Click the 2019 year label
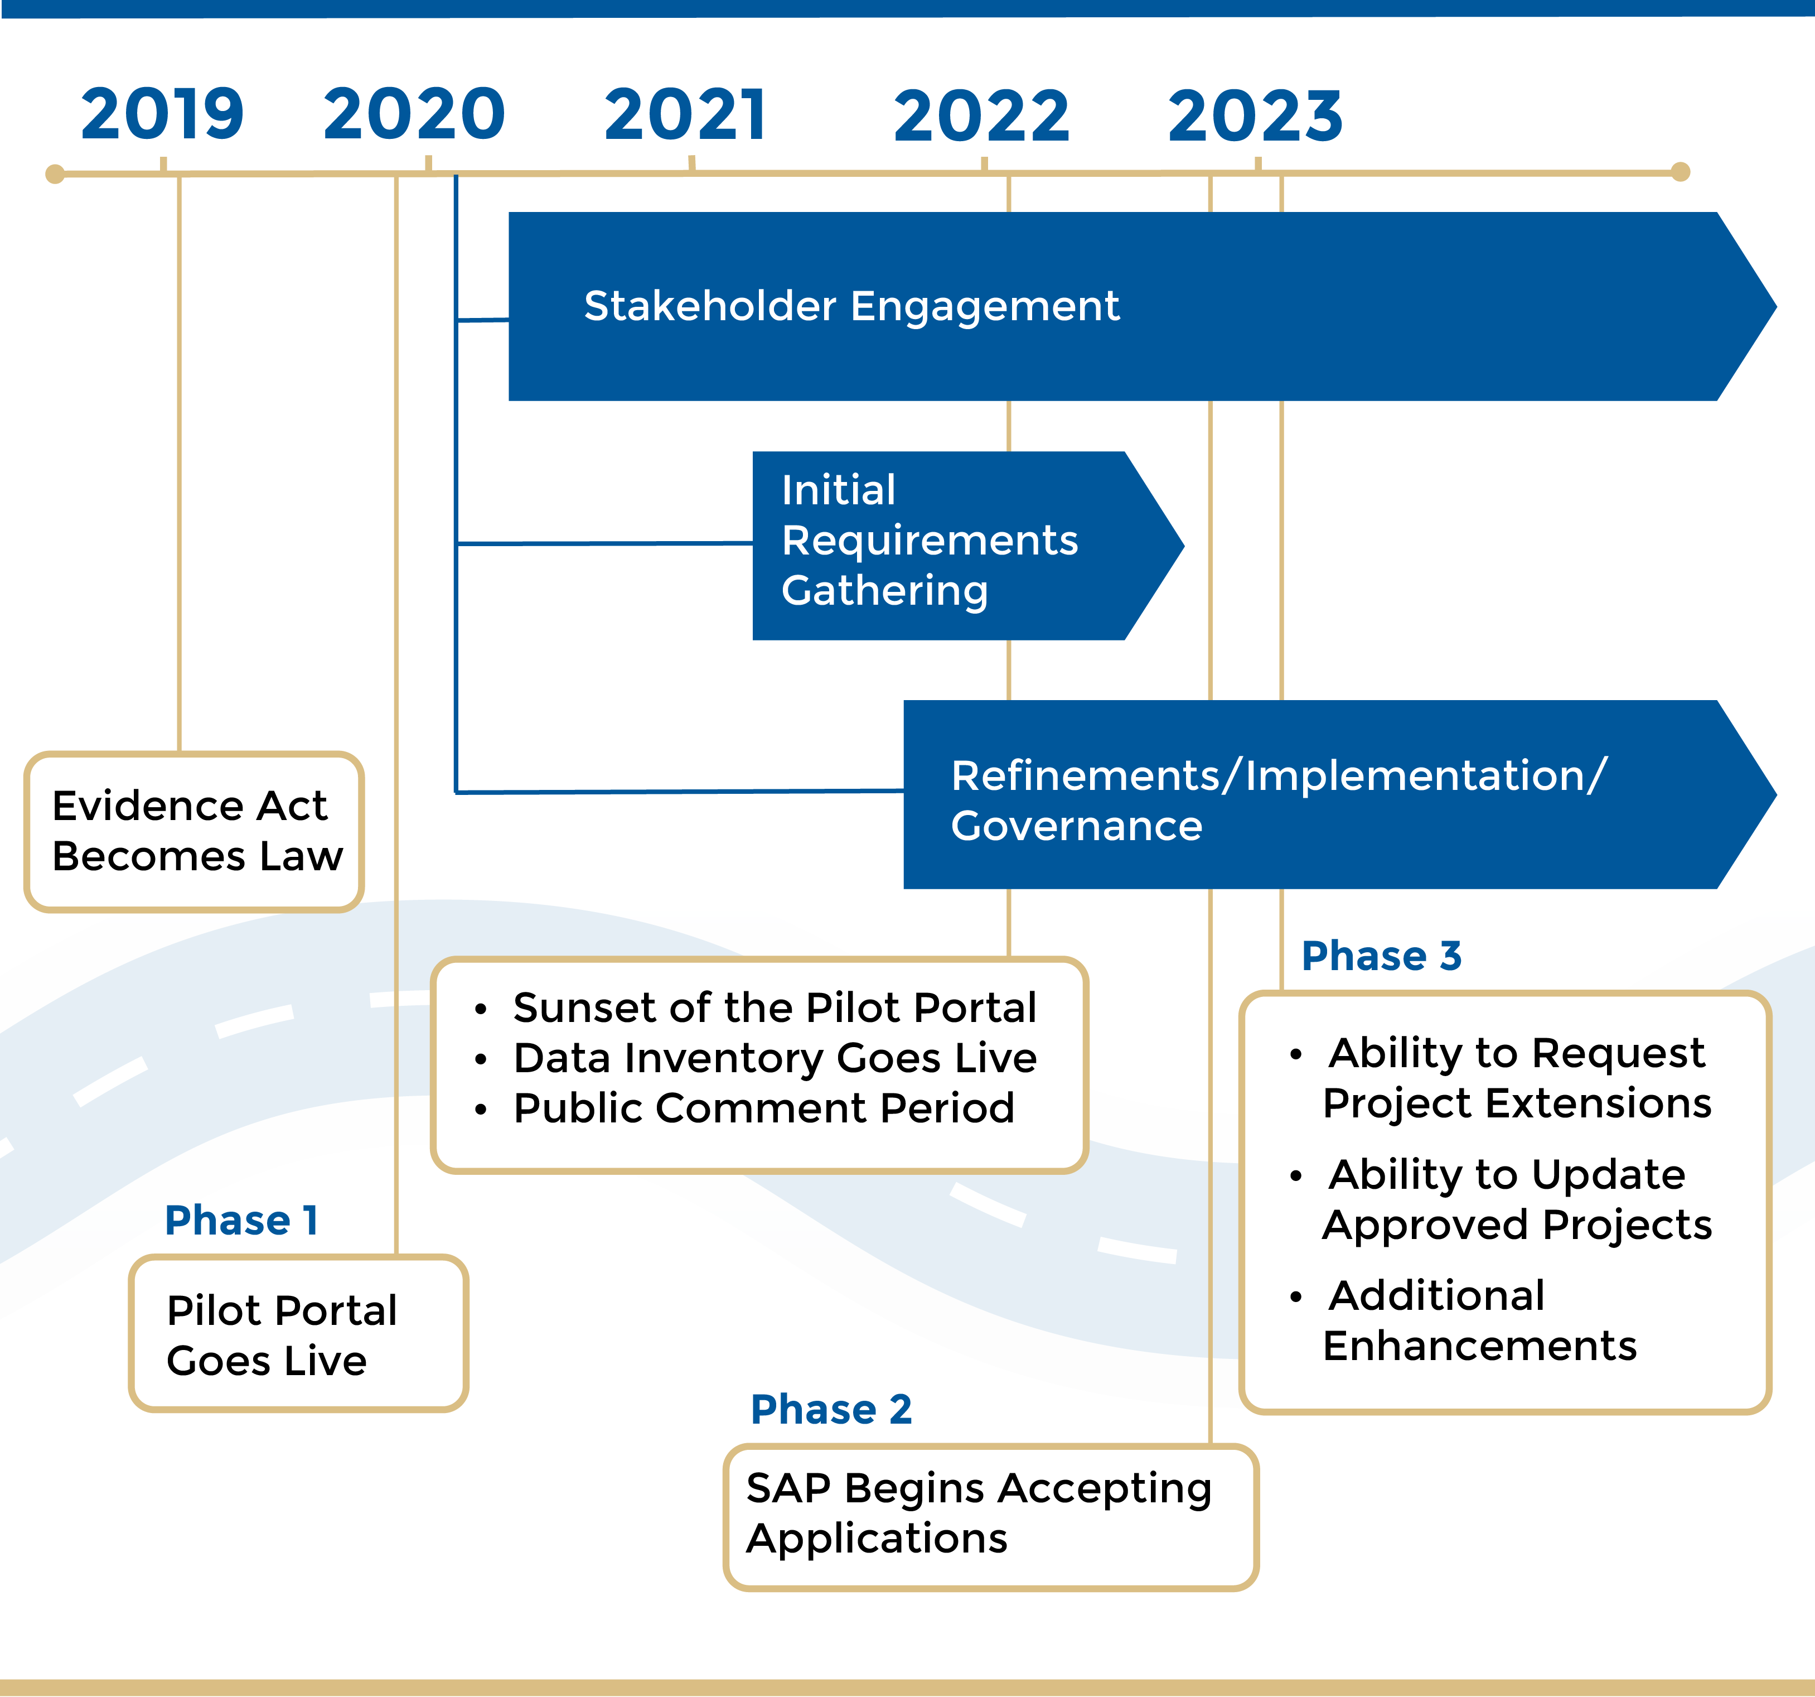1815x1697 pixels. [162, 114]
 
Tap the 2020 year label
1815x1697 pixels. [414, 114]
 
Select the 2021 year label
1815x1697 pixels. [686, 115]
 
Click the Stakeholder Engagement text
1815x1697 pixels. [851, 306]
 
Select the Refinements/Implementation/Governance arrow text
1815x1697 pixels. [1278, 800]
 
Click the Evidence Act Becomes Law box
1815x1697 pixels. [195, 831]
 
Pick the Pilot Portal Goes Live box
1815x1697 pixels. [298, 1333]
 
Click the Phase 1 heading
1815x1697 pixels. [241, 1220]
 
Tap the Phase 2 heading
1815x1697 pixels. [831, 1409]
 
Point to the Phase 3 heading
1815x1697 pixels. [1381, 956]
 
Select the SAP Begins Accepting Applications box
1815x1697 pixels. [990, 1516]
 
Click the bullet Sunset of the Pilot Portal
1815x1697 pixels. [774, 1007]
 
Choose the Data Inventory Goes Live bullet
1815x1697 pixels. [774, 1058]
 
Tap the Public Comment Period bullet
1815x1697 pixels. [763, 1108]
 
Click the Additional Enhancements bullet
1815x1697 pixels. [1479, 1320]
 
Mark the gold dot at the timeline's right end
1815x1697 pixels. [1680, 172]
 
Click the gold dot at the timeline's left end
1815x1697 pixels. [55, 173]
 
